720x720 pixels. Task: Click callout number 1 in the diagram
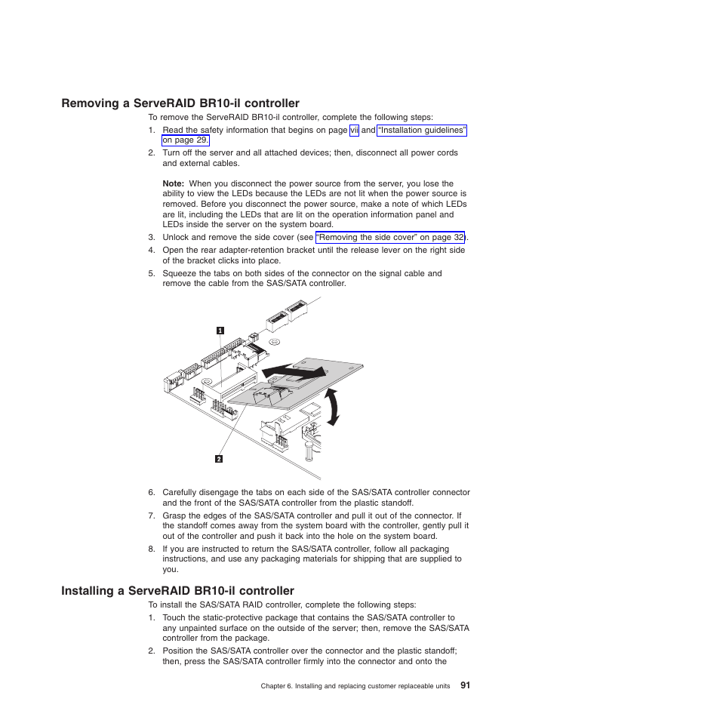click(x=220, y=330)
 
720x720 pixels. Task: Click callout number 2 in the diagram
click(x=219, y=458)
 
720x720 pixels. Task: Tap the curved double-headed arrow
click(x=331, y=407)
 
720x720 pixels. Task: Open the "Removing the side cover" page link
click(x=389, y=237)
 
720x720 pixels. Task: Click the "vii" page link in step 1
click(x=354, y=131)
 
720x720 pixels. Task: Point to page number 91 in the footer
click(x=465, y=685)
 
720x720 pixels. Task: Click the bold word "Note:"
click(x=174, y=183)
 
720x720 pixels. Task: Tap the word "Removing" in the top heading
click(x=92, y=103)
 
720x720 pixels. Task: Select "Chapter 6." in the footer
click(x=275, y=686)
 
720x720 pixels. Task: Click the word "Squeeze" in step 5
click(x=180, y=273)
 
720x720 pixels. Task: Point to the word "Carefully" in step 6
click(x=181, y=492)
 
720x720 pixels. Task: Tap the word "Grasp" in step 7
click(x=175, y=516)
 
